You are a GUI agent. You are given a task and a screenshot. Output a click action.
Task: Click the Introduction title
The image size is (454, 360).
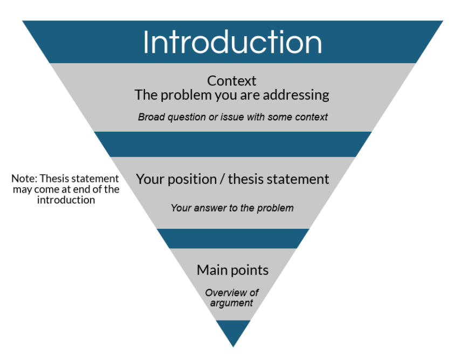[232, 43]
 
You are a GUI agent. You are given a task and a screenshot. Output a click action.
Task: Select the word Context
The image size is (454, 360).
[232, 81]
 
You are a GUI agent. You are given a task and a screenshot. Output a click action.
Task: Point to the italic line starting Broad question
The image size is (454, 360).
[232, 117]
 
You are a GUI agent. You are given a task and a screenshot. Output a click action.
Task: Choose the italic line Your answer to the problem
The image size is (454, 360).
[232, 208]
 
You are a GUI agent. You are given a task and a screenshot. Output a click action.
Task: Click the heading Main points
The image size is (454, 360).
[232, 270]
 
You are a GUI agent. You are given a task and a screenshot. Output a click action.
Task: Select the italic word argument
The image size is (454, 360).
[232, 303]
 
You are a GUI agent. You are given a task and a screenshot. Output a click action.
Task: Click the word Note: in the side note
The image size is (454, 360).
[24, 179]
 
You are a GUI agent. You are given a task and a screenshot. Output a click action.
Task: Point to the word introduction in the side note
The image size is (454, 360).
[66, 200]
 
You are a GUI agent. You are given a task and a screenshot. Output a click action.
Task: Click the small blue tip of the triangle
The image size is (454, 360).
[233, 332]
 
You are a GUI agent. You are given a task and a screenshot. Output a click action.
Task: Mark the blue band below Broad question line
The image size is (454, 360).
[232, 144]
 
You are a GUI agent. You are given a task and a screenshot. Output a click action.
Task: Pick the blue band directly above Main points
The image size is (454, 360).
[232, 239]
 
